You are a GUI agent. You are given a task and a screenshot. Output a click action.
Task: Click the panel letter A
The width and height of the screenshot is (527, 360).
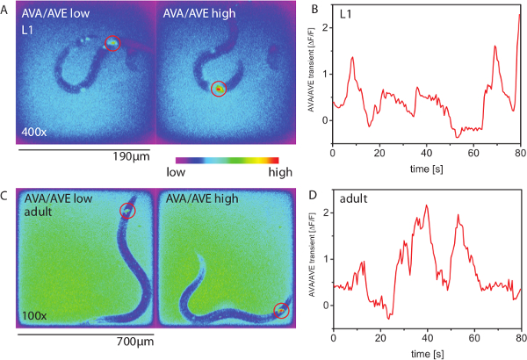coord(4,8)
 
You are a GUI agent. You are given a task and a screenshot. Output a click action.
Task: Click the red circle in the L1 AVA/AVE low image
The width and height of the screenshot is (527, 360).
coord(112,43)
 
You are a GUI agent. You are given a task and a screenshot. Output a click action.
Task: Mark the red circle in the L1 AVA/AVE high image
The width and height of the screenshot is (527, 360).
coord(219,88)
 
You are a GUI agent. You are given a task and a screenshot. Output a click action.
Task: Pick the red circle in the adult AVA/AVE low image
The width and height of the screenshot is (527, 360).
coord(128,210)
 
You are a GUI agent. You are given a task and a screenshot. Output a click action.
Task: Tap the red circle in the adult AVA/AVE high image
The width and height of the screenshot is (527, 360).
coord(281,310)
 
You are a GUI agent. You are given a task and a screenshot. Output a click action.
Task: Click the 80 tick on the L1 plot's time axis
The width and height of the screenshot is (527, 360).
coord(521,152)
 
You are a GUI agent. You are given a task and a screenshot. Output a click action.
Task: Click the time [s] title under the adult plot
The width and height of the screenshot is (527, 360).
coord(427,352)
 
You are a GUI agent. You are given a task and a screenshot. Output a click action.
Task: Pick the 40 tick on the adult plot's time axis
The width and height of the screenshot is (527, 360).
coord(427,338)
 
